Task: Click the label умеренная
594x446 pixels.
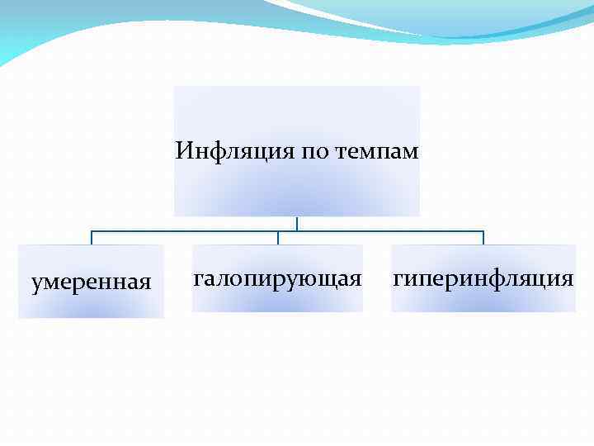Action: (91, 282)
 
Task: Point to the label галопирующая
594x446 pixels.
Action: (277, 278)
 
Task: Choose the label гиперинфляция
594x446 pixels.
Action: (483, 278)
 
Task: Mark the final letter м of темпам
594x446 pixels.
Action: (412, 153)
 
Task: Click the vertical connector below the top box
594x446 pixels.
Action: (297, 223)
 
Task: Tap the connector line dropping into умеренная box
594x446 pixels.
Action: (92, 238)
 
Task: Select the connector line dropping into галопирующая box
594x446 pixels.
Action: (278, 238)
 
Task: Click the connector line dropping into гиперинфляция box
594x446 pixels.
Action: (483, 238)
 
